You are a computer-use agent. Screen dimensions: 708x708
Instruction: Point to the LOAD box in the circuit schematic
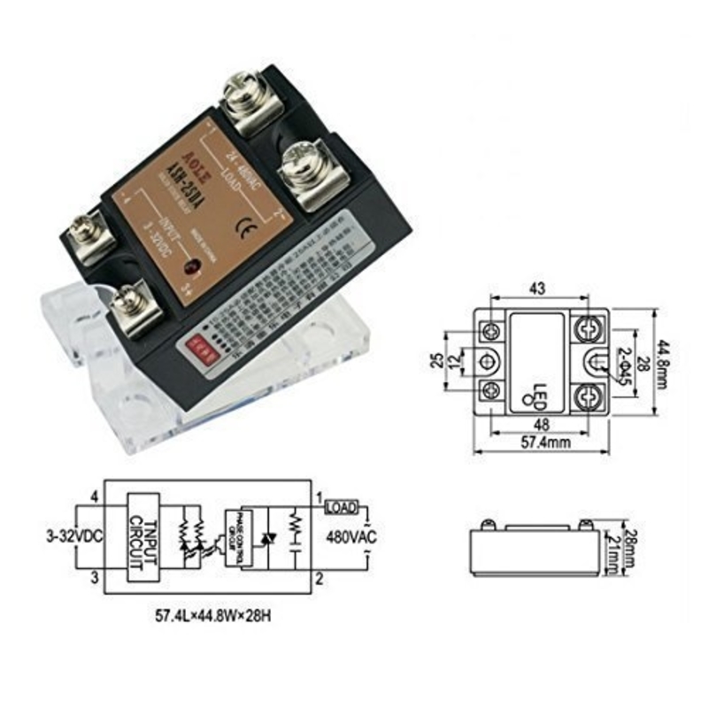pyautogui.click(x=342, y=507)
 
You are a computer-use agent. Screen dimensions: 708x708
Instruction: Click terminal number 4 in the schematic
pyautogui.click(x=95, y=496)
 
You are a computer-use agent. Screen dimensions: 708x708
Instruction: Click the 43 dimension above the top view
pyautogui.click(x=537, y=289)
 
